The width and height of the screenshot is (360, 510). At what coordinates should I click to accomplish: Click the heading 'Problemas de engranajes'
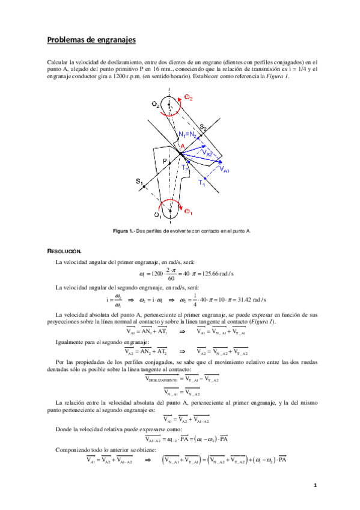pos(91,40)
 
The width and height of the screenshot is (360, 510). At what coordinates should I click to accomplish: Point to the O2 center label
pos(156,105)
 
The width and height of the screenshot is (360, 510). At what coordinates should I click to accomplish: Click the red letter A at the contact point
pos(182,147)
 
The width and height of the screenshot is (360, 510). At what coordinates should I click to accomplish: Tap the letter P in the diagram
pos(163,161)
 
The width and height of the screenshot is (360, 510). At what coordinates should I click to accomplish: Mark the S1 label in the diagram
pos(139,180)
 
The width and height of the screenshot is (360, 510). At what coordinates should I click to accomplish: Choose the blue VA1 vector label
pos(224,170)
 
